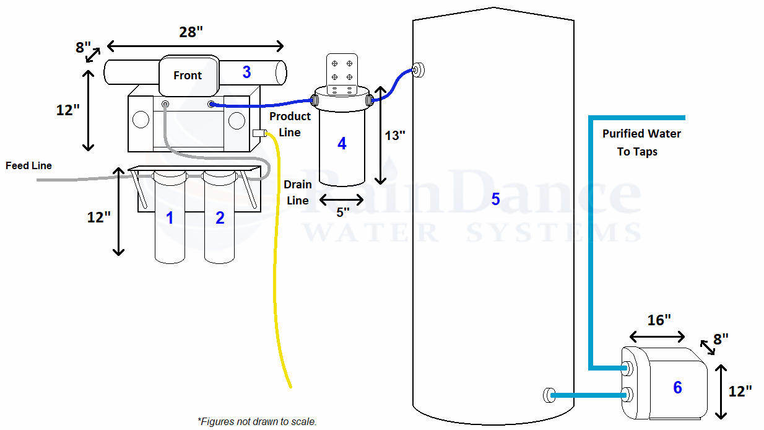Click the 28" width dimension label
[191, 32]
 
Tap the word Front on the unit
[188, 75]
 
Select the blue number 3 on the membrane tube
[246, 72]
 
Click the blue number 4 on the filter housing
[342, 143]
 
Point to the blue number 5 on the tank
[495, 199]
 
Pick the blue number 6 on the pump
[677, 387]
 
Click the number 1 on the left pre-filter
[170, 217]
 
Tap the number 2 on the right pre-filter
[220, 217]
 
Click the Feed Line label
[28, 165]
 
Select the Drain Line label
[297, 193]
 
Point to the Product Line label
[290, 124]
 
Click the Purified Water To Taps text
[641, 143]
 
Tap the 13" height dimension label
[395, 136]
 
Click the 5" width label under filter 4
[343, 213]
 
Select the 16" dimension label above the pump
[659, 320]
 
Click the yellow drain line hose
[276, 260]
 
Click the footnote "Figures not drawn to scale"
[257, 421]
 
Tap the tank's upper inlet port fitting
[418, 70]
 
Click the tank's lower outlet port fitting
[549, 395]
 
